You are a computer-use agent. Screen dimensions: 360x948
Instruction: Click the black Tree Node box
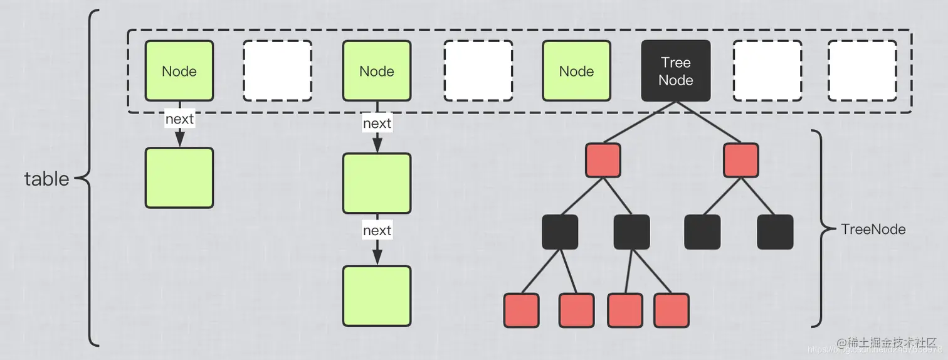pyautogui.click(x=675, y=71)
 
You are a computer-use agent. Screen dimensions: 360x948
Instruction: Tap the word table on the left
pyautogui.click(x=46, y=179)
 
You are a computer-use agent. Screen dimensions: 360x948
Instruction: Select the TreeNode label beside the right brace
pyautogui.click(x=873, y=229)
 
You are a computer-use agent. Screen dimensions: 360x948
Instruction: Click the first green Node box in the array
pyautogui.click(x=179, y=71)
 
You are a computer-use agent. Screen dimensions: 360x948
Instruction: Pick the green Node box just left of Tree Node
pyautogui.click(x=576, y=71)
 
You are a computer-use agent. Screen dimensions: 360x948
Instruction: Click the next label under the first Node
pyautogui.click(x=179, y=119)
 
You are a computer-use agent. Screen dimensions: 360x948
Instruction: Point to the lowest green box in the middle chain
pyautogui.click(x=377, y=296)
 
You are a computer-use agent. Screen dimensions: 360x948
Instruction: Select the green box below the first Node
pyautogui.click(x=179, y=178)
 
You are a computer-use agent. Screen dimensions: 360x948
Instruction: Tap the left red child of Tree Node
pyautogui.click(x=603, y=160)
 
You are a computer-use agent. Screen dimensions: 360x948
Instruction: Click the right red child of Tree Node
pyautogui.click(x=740, y=160)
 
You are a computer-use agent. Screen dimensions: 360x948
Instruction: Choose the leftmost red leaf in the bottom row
pyautogui.click(x=521, y=310)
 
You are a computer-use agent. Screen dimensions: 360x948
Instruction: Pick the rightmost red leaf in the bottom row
pyautogui.click(x=671, y=310)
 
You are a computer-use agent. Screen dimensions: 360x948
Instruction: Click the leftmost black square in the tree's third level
pyautogui.click(x=559, y=232)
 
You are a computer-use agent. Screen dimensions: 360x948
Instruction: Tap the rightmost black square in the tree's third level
pyautogui.click(x=775, y=232)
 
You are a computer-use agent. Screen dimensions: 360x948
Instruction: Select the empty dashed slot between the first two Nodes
pyautogui.click(x=278, y=71)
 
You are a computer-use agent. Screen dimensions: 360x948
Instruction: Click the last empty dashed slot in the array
pyautogui.click(x=862, y=71)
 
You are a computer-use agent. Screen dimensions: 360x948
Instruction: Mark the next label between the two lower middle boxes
pyautogui.click(x=377, y=231)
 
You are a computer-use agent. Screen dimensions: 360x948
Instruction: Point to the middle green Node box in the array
pyautogui.click(x=377, y=71)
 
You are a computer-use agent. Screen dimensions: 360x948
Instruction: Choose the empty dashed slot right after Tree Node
pyautogui.click(x=767, y=71)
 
